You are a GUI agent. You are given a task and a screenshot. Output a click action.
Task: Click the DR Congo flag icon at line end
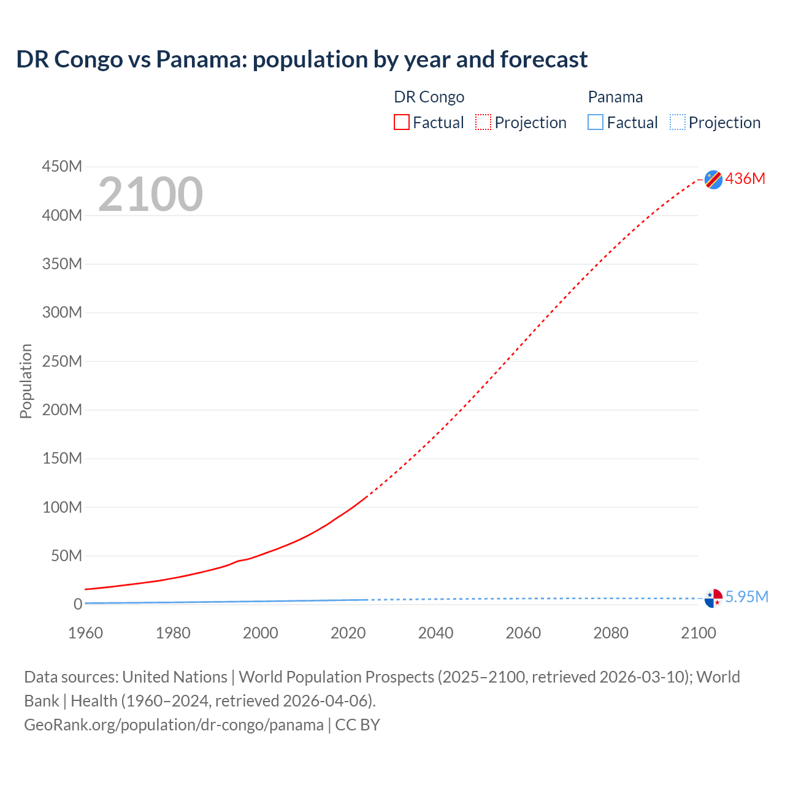[713, 179]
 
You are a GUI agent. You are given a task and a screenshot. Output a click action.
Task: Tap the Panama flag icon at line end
[713, 598]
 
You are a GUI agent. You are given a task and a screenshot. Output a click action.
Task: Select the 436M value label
[745, 178]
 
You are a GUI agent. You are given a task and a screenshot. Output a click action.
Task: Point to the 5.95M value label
[746, 597]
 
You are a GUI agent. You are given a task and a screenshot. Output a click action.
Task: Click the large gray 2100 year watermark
[150, 194]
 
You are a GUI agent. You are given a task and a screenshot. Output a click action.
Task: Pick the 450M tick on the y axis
[62, 166]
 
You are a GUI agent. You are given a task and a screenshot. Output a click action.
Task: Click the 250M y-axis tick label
[62, 361]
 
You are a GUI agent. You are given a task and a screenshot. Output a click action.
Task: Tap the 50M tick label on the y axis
[66, 556]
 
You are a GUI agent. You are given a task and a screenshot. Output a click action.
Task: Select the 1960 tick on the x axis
[85, 633]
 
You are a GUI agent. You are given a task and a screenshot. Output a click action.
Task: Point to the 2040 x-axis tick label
[435, 633]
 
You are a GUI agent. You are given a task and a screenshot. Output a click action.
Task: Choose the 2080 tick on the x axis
[611, 633]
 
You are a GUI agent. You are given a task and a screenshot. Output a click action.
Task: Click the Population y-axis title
[26, 381]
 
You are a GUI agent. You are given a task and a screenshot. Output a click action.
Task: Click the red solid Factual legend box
[402, 123]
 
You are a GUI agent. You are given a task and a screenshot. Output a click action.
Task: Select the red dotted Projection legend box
[483, 123]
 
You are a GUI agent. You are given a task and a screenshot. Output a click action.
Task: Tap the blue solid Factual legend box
[595, 123]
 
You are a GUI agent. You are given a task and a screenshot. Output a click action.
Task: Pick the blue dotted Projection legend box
[678, 123]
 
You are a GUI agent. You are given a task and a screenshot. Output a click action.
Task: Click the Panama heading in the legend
[615, 97]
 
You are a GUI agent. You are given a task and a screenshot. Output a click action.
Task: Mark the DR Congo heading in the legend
[429, 97]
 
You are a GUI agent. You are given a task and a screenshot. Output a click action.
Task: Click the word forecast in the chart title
[543, 59]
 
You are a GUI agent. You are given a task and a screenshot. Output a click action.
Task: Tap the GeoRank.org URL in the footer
[174, 725]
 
